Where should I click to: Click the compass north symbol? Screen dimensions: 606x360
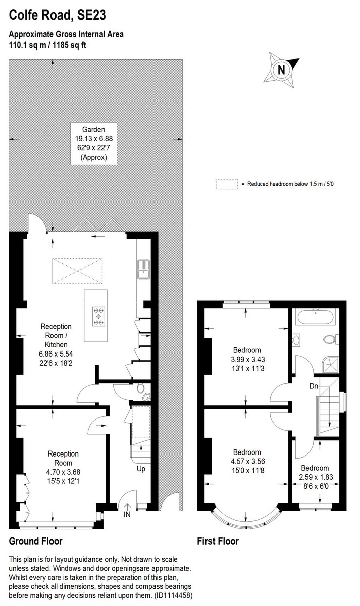coord(282,69)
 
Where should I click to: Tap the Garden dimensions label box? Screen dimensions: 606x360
coord(93,143)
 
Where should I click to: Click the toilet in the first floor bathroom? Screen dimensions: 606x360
coord(332,339)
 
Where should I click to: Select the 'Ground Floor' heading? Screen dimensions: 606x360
coord(36,541)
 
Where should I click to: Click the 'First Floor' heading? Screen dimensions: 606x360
coord(218,541)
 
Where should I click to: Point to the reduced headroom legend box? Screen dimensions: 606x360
coord(227,184)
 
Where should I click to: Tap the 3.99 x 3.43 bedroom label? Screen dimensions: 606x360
coord(246,359)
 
